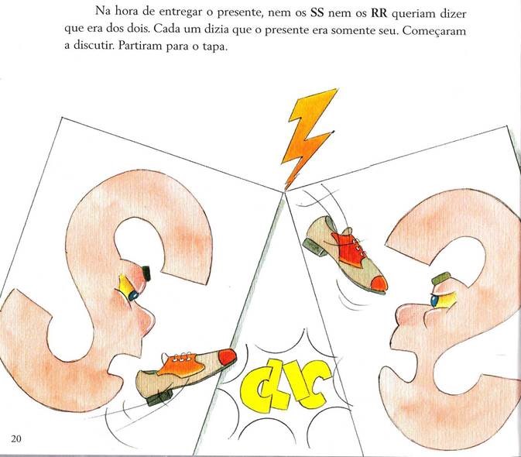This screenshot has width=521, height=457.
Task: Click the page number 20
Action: pyautogui.click(x=16, y=438)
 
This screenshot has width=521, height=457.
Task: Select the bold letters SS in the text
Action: pyautogui.click(x=317, y=13)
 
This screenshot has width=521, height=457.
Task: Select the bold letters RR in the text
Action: pyautogui.click(x=379, y=13)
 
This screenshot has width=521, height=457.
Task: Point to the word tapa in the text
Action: pyautogui.click(x=214, y=46)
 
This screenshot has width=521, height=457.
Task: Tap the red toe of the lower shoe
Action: pyautogui.click(x=228, y=356)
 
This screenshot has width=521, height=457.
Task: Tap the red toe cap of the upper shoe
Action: pyautogui.click(x=379, y=283)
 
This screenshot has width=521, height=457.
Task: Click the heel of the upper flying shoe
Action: pyautogui.click(x=314, y=246)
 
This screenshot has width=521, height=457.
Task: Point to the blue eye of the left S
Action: pyautogui.click(x=134, y=295)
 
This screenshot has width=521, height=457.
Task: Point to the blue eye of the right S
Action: pyautogui.click(x=434, y=301)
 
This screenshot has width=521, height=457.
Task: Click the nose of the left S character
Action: pyautogui.click(x=147, y=319)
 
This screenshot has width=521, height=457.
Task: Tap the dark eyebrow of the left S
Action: pyautogui.click(x=146, y=273)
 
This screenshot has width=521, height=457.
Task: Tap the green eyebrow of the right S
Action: pyautogui.click(x=441, y=278)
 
